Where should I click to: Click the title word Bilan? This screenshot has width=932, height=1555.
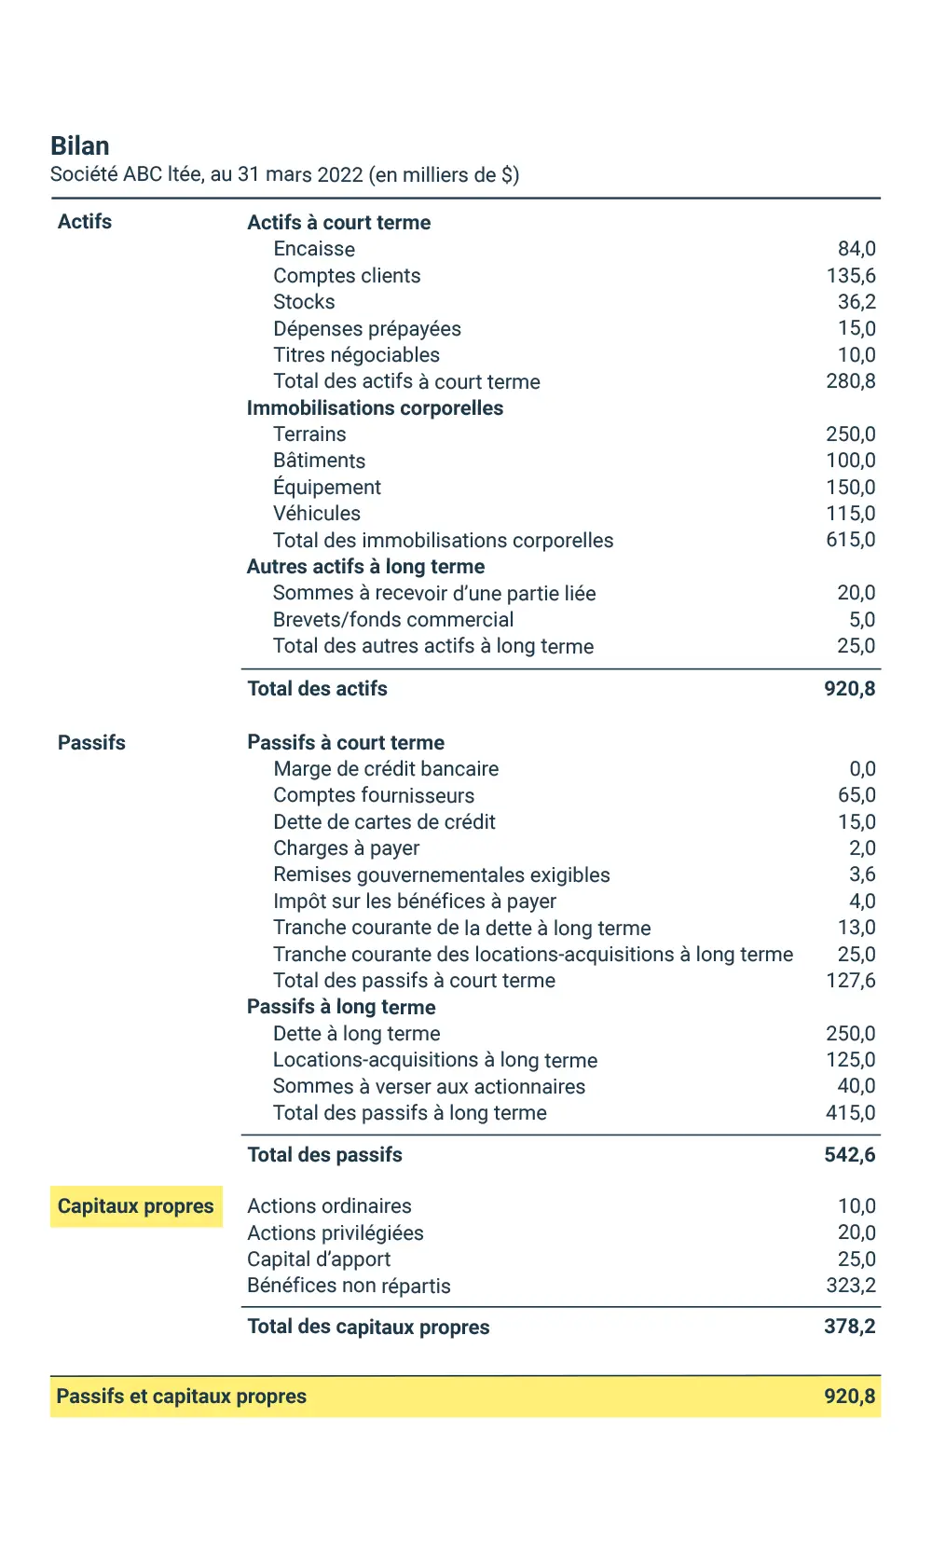[x=80, y=146]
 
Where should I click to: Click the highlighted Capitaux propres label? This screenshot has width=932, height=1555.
[x=136, y=1206]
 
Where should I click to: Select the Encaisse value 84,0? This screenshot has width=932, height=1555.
[x=857, y=249]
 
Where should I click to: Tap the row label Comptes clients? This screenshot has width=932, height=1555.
[x=347, y=276]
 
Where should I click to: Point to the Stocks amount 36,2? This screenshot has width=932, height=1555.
[x=857, y=302]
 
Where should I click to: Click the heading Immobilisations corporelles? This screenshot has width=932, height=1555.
[x=375, y=408]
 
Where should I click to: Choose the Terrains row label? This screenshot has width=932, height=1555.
[x=309, y=434]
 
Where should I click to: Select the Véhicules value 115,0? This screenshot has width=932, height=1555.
[x=850, y=514]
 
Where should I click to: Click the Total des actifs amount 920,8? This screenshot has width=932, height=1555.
[x=849, y=689]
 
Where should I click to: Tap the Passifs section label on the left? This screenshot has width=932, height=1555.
[x=91, y=743]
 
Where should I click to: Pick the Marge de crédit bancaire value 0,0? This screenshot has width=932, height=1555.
[x=862, y=769]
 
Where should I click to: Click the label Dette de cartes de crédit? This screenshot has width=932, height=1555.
[x=384, y=822]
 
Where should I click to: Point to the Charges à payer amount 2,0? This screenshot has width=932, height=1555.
[x=862, y=848]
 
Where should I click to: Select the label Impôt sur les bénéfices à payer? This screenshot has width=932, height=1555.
[x=415, y=901]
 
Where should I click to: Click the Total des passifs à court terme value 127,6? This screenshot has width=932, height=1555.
[x=850, y=981]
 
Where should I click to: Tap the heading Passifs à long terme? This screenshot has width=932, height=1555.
[x=341, y=1007]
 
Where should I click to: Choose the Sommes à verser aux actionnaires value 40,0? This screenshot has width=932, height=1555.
[x=856, y=1086]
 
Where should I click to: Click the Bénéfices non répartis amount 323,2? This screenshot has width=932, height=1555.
[x=850, y=1286]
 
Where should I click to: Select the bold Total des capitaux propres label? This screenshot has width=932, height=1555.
[x=368, y=1327]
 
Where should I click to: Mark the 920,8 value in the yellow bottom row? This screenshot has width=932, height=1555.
[x=849, y=1397]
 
